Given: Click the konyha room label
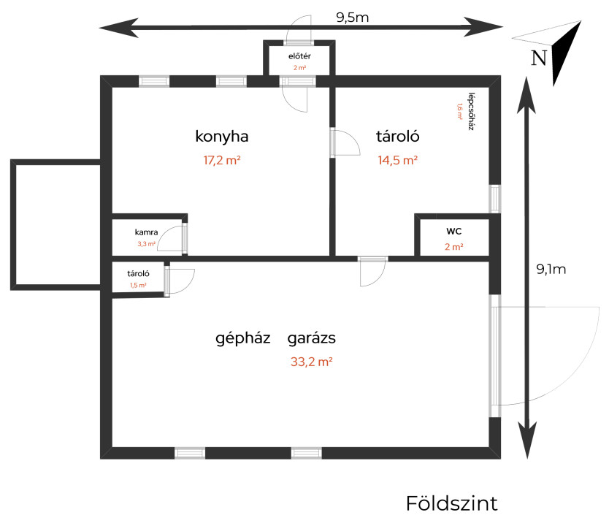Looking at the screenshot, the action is pyautogui.click(x=222, y=137).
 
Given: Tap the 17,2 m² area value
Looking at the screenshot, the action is pyautogui.click(x=222, y=160).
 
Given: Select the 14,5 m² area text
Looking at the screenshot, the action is pyautogui.click(x=398, y=160).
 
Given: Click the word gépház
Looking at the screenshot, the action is pyautogui.click(x=243, y=338).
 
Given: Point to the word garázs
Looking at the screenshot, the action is pyautogui.click(x=312, y=338).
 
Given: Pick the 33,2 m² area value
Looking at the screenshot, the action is pyautogui.click(x=312, y=362).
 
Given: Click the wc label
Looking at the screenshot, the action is pyautogui.click(x=454, y=231).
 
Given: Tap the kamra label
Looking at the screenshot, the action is pyautogui.click(x=147, y=232).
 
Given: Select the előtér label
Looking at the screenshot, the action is pyautogui.click(x=299, y=56).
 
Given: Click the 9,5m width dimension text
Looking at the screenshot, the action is pyautogui.click(x=352, y=18).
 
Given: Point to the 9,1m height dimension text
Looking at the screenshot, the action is pyautogui.click(x=551, y=269).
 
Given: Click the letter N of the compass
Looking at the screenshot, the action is pyautogui.click(x=539, y=58).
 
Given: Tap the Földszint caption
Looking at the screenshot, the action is pyautogui.click(x=452, y=504).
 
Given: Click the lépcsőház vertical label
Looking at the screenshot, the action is pyautogui.click(x=472, y=111).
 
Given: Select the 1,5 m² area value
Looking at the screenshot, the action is pyautogui.click(x=138, y=285).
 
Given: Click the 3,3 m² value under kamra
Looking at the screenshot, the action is pyautogui.click(x=147, y=244).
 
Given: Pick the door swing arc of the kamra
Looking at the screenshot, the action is pyautogui.click(x=169, y=237).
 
